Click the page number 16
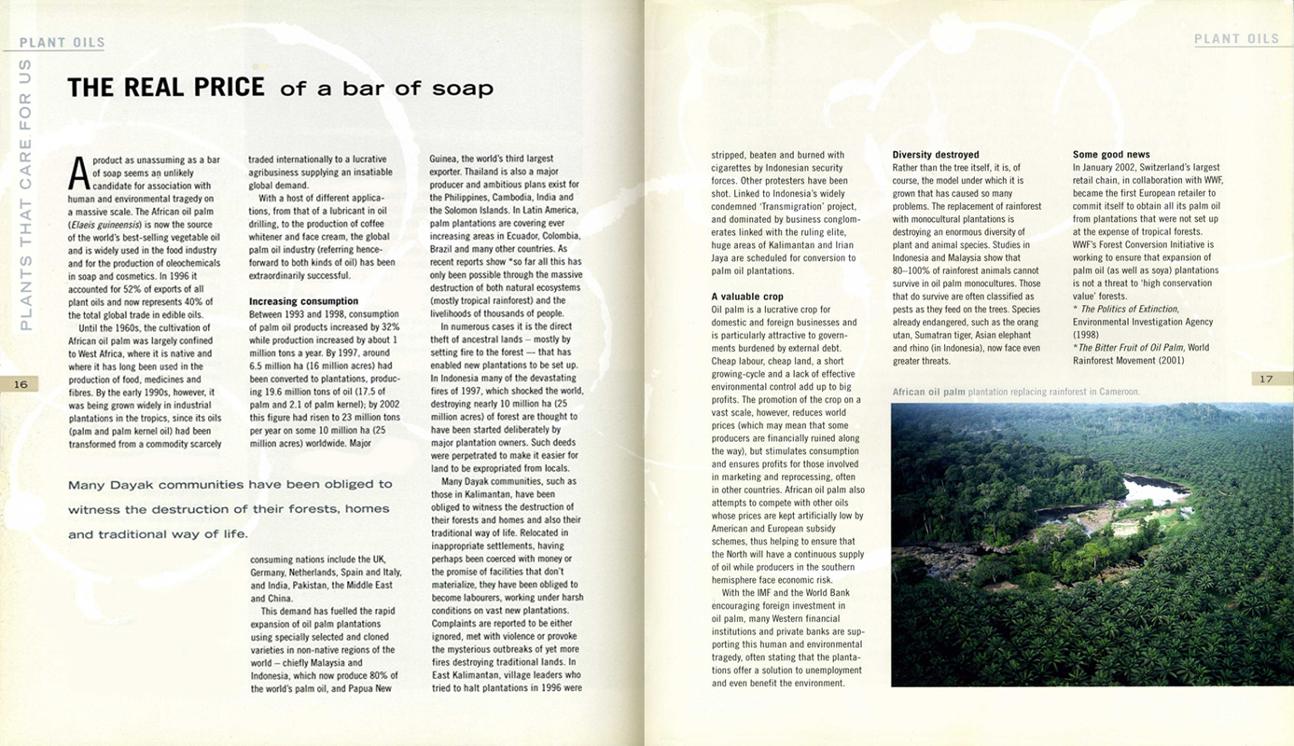21,383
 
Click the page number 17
1266,379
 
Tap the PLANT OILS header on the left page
62,42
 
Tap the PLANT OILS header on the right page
1236,39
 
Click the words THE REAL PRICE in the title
166,88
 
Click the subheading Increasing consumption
303,301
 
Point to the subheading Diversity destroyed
935,155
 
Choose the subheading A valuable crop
747,297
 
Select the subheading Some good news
1111,155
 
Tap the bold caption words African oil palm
928,392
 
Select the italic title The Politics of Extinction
1129,309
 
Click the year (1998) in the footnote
1088,334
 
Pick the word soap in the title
461,90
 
